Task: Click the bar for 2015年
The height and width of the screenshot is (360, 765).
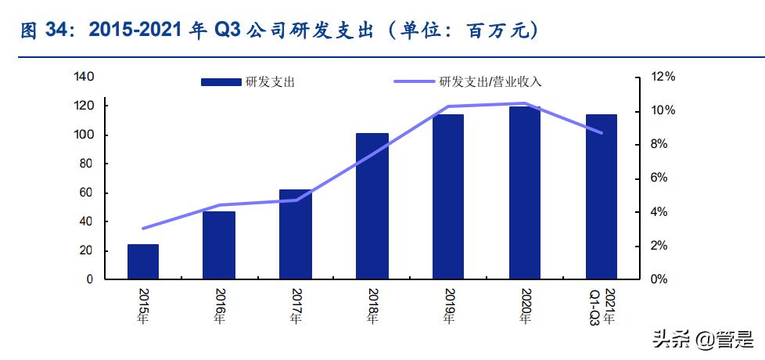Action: coord(142,261)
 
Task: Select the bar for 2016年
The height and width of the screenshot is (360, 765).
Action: coord(219,245)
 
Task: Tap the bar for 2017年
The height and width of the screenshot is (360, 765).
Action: coord(296,234)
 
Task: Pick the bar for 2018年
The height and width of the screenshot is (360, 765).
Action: coord(372,206)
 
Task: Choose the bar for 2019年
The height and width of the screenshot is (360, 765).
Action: coord(448,196)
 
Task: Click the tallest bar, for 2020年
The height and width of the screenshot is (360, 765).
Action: coord(525,193)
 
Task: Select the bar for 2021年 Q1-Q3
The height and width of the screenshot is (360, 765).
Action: coord(602,196)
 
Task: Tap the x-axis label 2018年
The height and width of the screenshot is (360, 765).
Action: coord(372,306)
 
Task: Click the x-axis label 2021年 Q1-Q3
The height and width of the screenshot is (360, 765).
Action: coord(602,308)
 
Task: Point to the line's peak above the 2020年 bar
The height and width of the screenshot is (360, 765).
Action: coord(525,103)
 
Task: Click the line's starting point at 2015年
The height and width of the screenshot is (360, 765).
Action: coord(142,229)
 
